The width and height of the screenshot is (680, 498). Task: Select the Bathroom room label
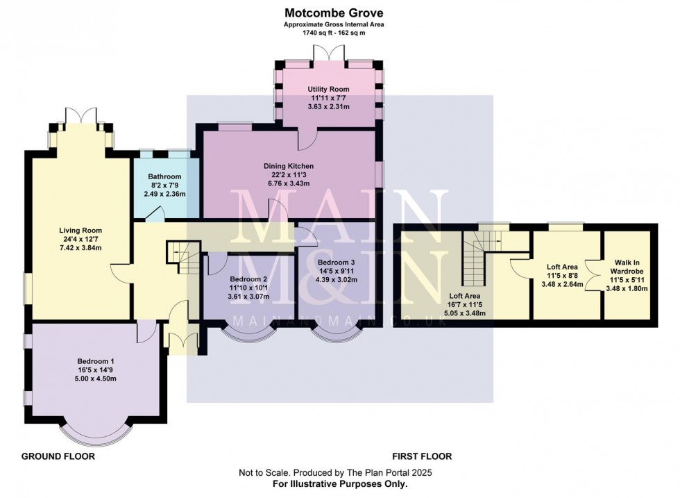click(x=164, y=177)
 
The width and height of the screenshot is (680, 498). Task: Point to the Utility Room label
click(x=329, y=90)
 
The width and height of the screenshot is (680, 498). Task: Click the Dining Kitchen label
click(x=289, y=166)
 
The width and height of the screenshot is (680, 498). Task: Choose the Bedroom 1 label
click(x=96, y=361)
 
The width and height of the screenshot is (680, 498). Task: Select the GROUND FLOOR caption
click(x=58, y=456)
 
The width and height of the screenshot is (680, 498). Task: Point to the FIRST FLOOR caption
click(x=422, y=456)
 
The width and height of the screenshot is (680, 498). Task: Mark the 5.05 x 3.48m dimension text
click(x=464, y=313)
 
